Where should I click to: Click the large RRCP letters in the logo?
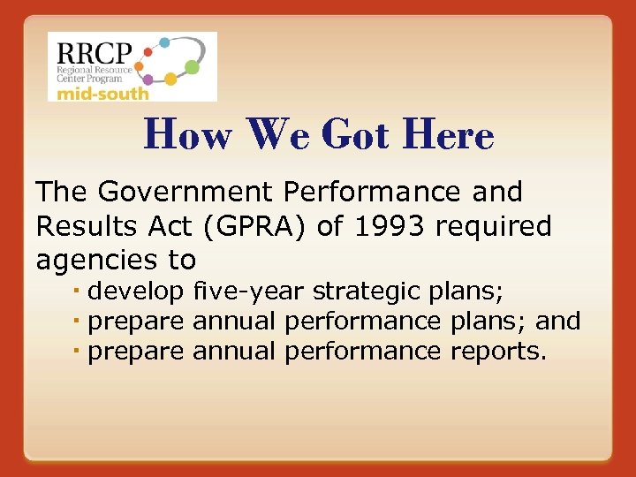[90, 51]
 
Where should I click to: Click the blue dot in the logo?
[164, 42]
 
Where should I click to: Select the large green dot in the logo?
[192, 67]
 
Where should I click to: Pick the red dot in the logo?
[148, 52]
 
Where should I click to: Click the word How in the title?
[187, 135]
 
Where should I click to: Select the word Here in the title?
[447, 135]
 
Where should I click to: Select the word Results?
[86, 226]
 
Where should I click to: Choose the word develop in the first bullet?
[135, 291]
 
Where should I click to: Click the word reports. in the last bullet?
[499, 352]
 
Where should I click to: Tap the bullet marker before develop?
[78, 291]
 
